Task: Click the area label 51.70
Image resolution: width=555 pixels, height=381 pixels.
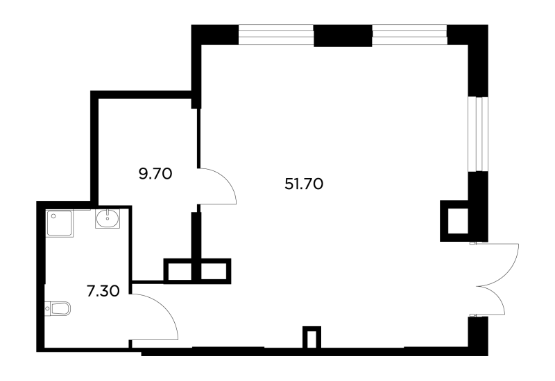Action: (304, 184)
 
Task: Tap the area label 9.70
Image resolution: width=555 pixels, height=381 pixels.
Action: (155, 174)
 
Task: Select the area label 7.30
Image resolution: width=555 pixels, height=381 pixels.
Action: (103, 292)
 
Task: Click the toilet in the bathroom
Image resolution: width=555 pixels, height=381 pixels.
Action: (58, 308)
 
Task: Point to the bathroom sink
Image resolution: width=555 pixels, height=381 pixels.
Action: (108, 219)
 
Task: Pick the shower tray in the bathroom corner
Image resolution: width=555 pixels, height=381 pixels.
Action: (59, 223)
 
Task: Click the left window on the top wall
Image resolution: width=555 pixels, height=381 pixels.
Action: (276, 35)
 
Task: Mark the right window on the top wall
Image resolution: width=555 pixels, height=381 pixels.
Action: (409, 35)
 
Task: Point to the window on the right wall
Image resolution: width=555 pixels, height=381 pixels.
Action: (478, 134)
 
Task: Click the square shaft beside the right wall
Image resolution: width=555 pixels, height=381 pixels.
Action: (454, 221)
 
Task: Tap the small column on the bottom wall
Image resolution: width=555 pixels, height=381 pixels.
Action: (311, 337)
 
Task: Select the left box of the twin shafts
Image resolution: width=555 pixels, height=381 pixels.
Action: (178, 271)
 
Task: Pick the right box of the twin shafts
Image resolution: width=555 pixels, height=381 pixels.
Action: (216, 271)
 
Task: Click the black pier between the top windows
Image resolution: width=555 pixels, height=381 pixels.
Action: (343, 36)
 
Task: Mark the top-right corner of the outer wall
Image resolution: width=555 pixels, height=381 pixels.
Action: (488, 25)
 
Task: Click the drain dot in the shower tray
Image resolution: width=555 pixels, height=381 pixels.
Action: (53, 215)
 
